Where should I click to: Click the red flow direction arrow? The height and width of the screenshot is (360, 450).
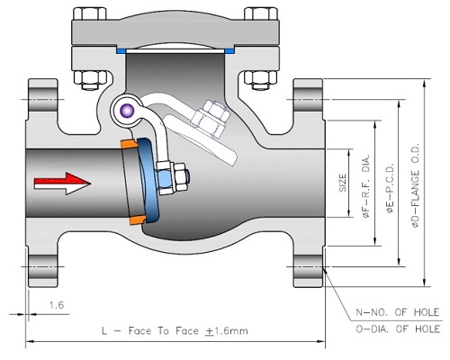(61, 181)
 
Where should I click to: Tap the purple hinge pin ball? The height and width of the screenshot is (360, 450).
(127, 111)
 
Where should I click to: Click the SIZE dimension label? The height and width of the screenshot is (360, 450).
(343, 183)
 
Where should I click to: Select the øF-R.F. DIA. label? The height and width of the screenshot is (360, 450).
(367, 187)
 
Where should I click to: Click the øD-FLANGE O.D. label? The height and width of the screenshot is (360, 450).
(416, 186)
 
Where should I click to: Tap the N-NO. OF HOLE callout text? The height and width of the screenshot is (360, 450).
(398, 312)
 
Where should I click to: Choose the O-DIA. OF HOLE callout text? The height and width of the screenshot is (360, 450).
(398, 329)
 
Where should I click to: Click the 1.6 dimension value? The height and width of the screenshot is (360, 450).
(57, 305)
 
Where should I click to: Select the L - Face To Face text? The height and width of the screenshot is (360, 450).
(150, 331)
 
